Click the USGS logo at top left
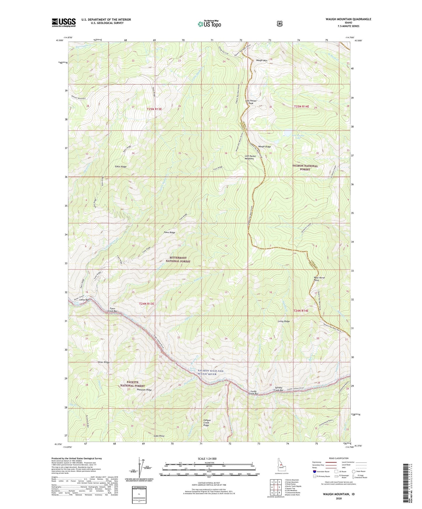[x=64, y=22]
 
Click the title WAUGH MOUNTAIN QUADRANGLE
[x=348, y=19]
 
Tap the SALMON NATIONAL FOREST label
[x=305, y=167]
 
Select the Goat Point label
[x=159, y=436]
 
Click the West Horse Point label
[x=319, y=279]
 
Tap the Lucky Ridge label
[x=284, y=321]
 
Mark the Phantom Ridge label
[x=145, y=389]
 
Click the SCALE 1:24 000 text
[x=207, y=459]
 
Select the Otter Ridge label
[x=103, y=362]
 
